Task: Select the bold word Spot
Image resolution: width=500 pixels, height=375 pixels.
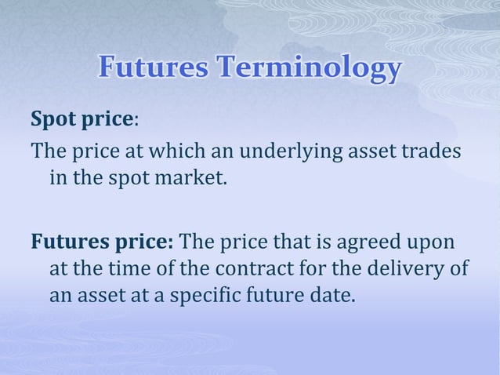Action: pos(54,120)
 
